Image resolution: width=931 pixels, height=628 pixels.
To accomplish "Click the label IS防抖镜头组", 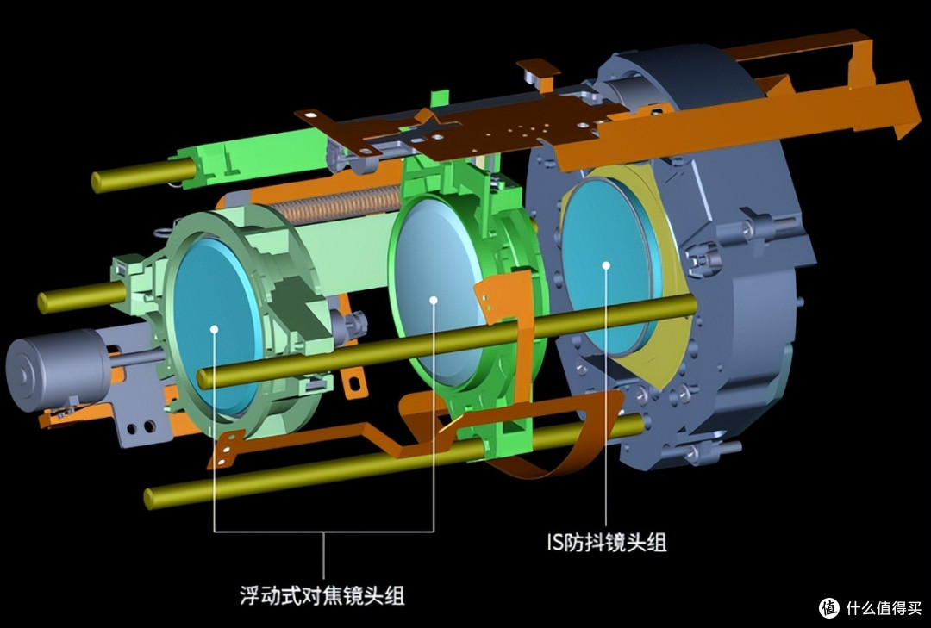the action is coord(606,542).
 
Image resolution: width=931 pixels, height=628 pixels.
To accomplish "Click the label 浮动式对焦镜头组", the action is coord(322,594).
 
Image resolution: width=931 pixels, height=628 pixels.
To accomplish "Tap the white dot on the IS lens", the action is coord(606,265).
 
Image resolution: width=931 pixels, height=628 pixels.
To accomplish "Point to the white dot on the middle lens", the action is coord(434,301).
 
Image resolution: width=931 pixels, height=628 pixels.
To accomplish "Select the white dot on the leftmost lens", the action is coord(214,329).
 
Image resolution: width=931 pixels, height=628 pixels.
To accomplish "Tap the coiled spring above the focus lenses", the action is coord(339,205).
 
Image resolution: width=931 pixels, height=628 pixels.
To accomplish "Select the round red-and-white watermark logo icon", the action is coord(829,608).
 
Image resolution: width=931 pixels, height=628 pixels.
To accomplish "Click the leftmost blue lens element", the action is coord(217,326).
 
